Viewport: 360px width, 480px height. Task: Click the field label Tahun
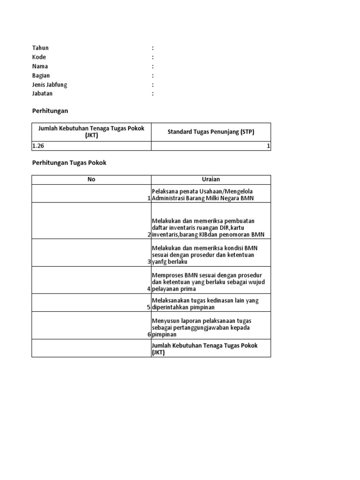[40, 48]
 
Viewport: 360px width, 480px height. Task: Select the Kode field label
[39, 57]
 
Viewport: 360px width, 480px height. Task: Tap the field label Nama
[40, 66]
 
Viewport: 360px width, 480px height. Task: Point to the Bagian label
[41, 75]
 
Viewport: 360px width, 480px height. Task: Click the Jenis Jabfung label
[50, 85]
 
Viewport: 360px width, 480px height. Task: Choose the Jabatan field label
[42, 94]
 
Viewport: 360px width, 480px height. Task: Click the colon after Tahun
[153, 48]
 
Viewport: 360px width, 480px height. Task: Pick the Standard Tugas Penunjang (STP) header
[211, 132]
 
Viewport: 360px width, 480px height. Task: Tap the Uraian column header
[210, 180]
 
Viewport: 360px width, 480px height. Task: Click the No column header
[91, 180]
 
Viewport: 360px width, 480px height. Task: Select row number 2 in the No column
[149, 234]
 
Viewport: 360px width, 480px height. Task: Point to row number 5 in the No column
[149, 307]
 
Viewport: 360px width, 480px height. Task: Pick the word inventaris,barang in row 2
[176, 234]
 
